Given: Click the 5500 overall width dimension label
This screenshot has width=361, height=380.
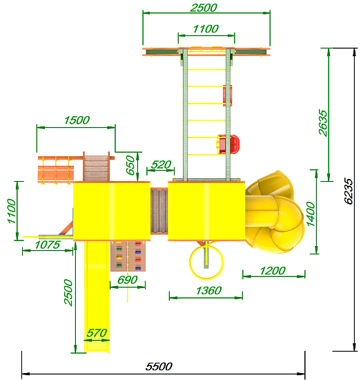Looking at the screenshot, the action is point(159,366).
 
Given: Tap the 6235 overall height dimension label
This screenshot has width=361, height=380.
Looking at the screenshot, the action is point(349,191).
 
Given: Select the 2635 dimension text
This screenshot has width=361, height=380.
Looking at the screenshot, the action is point(323,122).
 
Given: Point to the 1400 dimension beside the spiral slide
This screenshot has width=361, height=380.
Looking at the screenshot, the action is point(311,214).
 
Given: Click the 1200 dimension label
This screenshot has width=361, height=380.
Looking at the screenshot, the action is point(273,271).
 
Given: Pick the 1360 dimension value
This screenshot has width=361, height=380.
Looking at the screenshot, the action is point(208,291).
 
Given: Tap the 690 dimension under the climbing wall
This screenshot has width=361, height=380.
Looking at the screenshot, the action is point(128,280).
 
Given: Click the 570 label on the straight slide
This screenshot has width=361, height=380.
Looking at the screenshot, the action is point(97,333).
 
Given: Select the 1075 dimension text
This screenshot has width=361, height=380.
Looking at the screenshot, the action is point(47,245).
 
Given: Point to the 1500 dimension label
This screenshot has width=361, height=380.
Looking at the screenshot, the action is point(77,120).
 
